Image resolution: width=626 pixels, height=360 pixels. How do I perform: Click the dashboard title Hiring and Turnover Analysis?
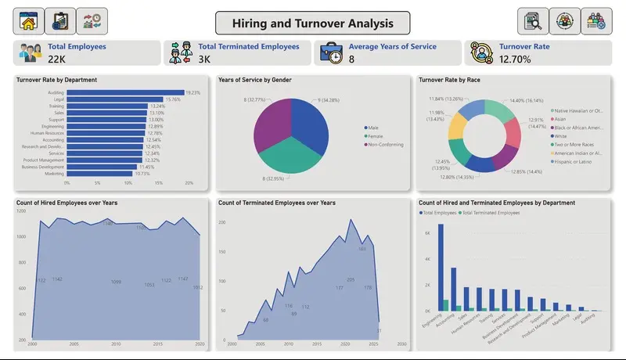pos(312,22)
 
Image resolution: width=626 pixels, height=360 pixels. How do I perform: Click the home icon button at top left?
pos(28,21)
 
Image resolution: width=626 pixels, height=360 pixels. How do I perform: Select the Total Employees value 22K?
pos(57,59)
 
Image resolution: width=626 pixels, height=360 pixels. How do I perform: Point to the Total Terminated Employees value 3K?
pos(204,59)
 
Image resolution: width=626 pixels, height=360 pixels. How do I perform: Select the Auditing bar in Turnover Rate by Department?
pos(125,92)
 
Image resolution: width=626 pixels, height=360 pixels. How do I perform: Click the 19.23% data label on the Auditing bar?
pos(192,92)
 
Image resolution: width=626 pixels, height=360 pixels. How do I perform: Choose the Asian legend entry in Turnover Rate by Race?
pos(562,119)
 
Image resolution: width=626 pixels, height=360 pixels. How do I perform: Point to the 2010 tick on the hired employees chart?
pos(116,344)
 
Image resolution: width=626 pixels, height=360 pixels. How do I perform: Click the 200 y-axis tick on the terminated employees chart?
pos(221,223)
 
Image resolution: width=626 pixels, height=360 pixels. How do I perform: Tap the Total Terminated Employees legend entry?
pos(492,213)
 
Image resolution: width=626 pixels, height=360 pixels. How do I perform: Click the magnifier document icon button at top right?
pos(533,21)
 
